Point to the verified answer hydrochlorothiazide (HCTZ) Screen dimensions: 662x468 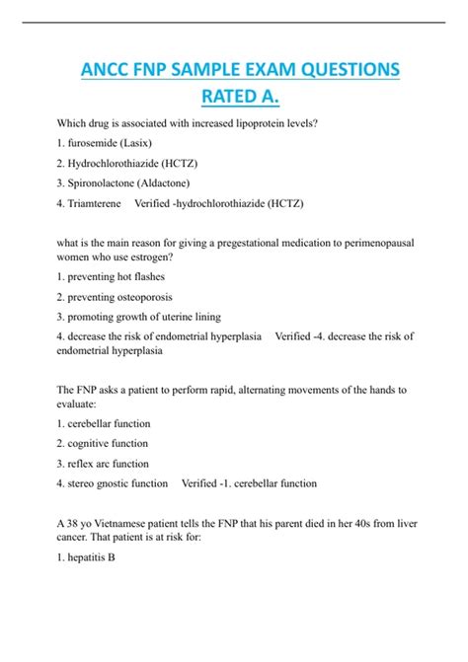coord(242,203)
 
